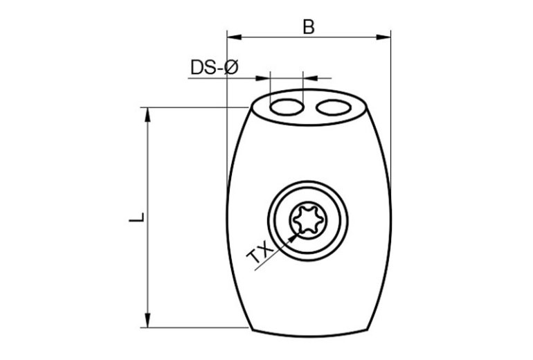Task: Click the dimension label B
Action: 309,27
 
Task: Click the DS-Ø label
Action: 215,67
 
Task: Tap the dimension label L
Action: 137,217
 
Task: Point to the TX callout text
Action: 260,253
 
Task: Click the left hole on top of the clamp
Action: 287,107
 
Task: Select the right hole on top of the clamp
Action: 334,108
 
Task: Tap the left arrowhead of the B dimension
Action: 234,37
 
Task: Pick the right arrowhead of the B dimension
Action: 383,37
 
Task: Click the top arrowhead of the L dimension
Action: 147,115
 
